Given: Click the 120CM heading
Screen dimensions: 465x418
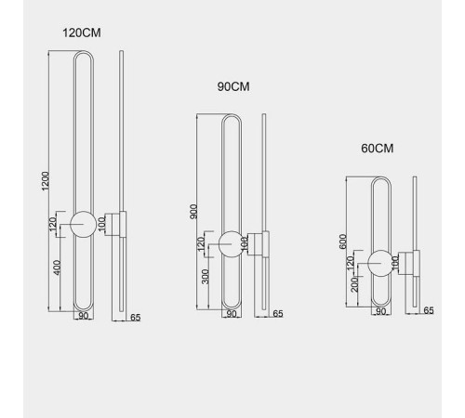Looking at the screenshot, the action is click(x=82, y=33).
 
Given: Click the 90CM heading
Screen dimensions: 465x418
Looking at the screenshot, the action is click(x=233, y=86).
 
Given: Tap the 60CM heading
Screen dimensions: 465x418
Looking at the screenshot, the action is click(x=378, y=149).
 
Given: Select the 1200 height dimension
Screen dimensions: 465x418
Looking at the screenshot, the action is click(x=46, y=181).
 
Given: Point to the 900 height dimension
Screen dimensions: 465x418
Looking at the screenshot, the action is click(x=193, y=212).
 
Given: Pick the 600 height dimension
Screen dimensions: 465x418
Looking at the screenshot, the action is click(x=342, y=242).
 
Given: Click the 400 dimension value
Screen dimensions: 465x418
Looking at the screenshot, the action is click(x=58, y=268).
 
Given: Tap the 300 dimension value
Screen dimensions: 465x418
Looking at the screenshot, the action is click(x=206, y=277).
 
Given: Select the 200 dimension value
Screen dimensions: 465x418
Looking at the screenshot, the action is click(x=354, y=285).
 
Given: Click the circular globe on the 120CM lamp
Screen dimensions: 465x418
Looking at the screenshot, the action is click(x=83, y=225).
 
